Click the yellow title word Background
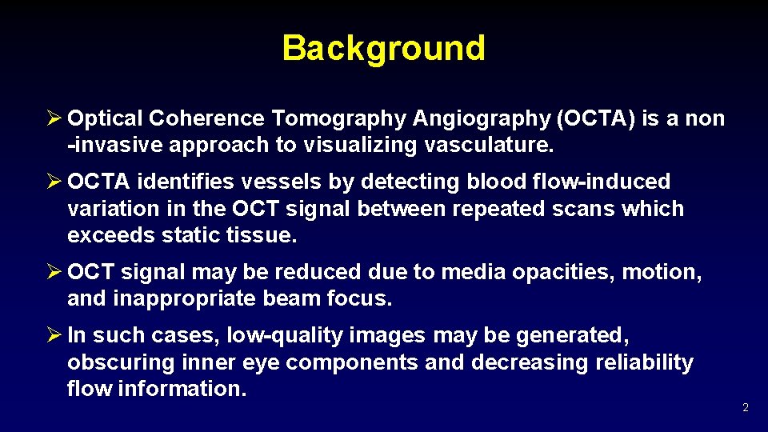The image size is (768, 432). pos(383,48)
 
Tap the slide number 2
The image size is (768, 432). pos(745,408)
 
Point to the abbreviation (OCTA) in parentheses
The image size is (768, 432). pos(594,119)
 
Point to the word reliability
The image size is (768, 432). pos(644,362)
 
